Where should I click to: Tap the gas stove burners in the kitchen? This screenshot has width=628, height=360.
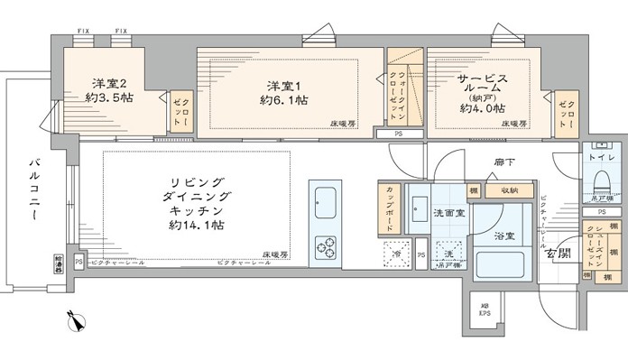(x=324, y=246)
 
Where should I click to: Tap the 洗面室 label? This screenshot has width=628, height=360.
(x=446, y=213)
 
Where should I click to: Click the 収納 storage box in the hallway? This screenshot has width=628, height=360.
(x=503, y=190)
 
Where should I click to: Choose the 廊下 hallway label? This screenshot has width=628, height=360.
(x=503, y=162)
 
